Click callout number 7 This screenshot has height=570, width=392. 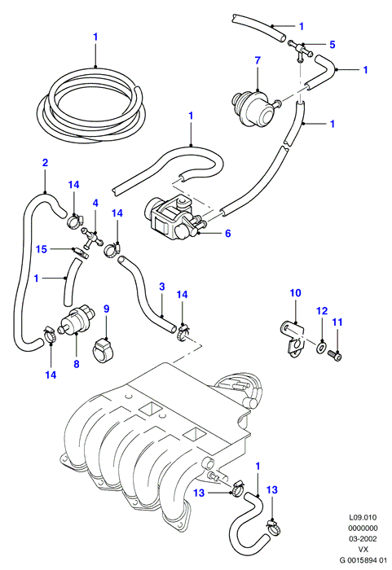258,60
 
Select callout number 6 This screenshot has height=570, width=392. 228,233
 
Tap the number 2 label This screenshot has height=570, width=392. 45,163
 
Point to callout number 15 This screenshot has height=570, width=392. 42,249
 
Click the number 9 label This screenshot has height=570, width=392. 106,309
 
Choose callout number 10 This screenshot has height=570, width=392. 296,292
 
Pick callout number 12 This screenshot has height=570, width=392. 322,311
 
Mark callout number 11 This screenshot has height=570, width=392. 337,322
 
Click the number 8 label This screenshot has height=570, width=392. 77,364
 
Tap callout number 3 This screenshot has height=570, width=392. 162,287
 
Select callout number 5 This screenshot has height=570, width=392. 333,44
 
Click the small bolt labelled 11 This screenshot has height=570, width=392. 335,355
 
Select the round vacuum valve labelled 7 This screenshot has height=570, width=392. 254,108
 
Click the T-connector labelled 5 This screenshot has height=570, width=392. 300,50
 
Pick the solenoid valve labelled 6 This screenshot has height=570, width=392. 174,217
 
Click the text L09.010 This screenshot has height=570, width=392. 363,517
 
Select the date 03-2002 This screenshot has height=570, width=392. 363,539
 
